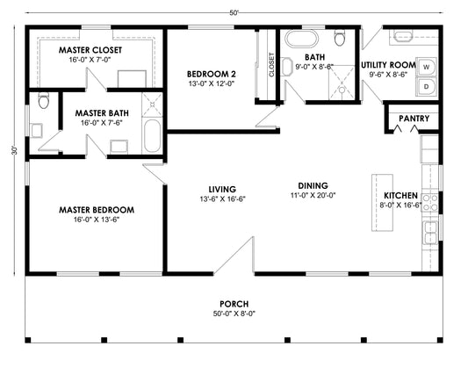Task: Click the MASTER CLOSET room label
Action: (x=90, y=50)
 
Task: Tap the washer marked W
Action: (x=426, y=67)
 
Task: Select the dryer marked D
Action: (x=426, y=87)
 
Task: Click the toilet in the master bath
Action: (x=44, y=101)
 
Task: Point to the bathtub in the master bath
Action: (x=152, y=136)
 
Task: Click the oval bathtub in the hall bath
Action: (x=301, y=38)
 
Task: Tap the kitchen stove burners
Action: (x=430, y=203)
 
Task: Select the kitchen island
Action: (x=382, y=203)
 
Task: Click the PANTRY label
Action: (x=414, y=119)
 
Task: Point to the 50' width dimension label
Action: (x=234, y=13)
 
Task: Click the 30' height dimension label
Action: (x=14, y=150)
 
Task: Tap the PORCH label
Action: (x=234, y=304)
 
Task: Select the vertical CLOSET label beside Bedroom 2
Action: (x=271, y=65)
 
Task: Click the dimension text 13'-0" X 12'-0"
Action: (x=212, y=83)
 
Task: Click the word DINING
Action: (x=313, y=185)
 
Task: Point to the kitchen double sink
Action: (x=430, y=233)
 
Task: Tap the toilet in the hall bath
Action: (x=340, y=38)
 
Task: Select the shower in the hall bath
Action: (x=342, y=83)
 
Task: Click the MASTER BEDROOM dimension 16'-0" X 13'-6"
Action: (x=97, y=220)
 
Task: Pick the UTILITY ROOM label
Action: (x=388, y=65)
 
